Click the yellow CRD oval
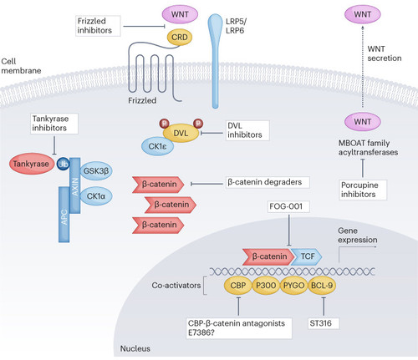[x=180, y=38]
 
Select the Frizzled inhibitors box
[x=98, y=26]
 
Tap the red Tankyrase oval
[x=31, y=164]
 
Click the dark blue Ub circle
[x=63, y=164]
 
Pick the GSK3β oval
[x=96, y=170]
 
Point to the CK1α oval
[x=96, y=196]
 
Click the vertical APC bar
[x=64, y=215]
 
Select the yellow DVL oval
[x=181, y=133]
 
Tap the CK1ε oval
[x=157, y=146]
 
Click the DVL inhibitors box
[x=247, y=130]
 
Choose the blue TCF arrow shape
[x=307, y=256]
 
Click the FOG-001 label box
[x=288, y=206]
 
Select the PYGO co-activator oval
[x=293, y=286]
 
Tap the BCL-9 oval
[x=322, y=286]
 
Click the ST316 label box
[x=324, y=323]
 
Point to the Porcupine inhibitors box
[x=363, y=190]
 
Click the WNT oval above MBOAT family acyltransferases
[x=363, y=122]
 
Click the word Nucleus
[x=135, y=348]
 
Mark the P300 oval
[x=266, y=286]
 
